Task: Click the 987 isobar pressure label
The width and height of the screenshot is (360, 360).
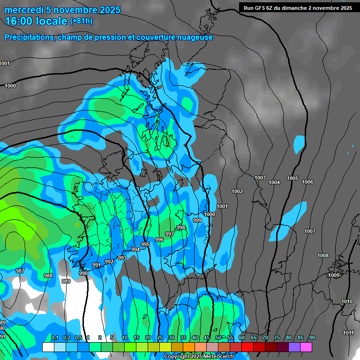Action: point(20,271)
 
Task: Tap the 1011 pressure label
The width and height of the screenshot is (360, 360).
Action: point(348,333)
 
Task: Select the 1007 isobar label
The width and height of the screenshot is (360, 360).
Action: point(310,231)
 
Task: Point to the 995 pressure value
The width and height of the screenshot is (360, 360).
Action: point(145,244)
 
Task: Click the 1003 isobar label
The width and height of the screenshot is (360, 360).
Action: point(260,178)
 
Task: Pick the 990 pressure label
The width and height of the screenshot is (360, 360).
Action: point(83,273)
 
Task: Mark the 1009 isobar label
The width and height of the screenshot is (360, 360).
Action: point(333,275)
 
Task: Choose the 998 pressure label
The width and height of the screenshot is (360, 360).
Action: point(181,227)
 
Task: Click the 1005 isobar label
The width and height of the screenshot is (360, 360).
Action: point(292,178)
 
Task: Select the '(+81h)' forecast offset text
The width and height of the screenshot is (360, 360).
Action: point(81,21)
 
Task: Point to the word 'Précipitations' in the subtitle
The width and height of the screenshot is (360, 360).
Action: point(29,37)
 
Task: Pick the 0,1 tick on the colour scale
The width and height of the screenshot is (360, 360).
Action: point(54,337)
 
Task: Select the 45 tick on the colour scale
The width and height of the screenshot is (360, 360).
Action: point(207,337)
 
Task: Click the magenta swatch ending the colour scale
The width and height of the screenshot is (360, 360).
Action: point(306,347)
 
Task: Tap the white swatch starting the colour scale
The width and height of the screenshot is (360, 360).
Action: point(48,347)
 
